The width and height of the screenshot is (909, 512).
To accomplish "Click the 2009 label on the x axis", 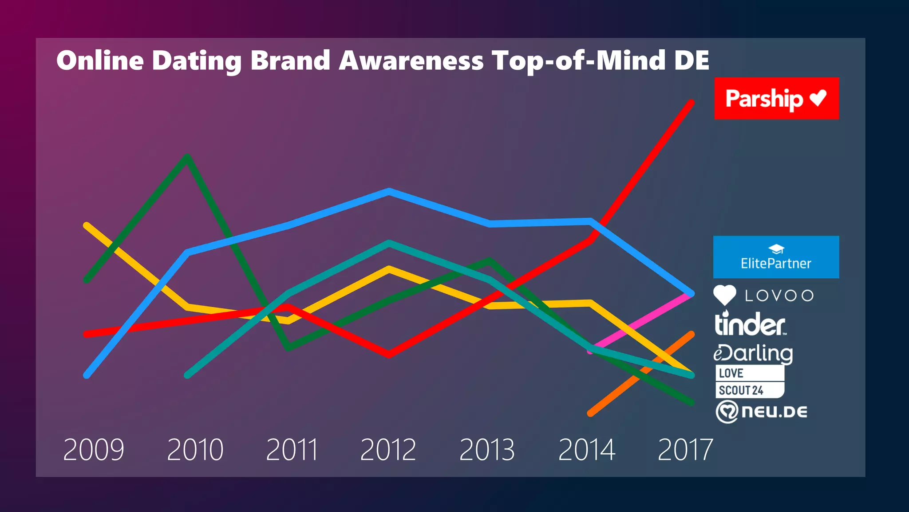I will coord(94,449).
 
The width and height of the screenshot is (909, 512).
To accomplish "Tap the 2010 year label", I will coord(195,449).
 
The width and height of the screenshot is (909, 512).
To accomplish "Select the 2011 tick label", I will coord(292,449).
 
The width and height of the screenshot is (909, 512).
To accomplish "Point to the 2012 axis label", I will coord(388,449).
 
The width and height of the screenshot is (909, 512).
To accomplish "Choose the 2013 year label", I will coord(487,449).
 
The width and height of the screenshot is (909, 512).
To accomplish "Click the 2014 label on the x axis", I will coord(586,449).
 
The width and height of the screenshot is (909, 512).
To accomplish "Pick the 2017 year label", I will coord(685,449).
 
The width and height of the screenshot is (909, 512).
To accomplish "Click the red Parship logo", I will coord(776,98).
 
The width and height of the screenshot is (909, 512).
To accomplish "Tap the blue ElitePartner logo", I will coord(776,257).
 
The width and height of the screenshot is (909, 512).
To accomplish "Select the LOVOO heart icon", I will coord(724,295).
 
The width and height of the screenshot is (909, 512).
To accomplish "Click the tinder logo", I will coord(750,324).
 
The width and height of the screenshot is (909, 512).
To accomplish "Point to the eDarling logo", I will coord(753,353).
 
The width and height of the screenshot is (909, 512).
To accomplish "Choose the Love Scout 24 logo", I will coord(749,381).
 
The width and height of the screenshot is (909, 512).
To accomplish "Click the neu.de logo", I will coord(762,412).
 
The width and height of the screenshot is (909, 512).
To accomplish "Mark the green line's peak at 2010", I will coord(187,157).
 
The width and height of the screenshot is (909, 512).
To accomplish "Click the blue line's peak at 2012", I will coord(389,192).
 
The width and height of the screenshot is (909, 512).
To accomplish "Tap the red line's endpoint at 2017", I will coord(691,103).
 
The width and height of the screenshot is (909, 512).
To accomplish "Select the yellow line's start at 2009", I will coord(87,225).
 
